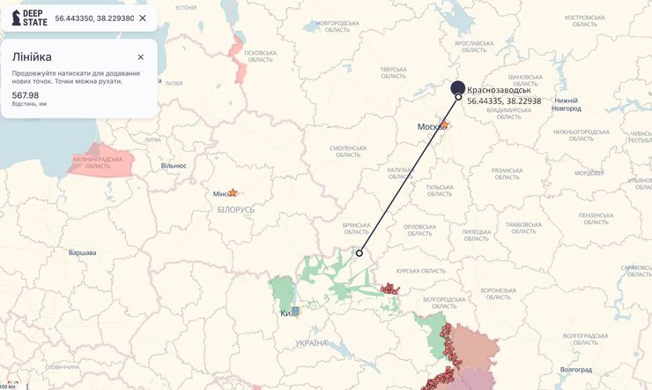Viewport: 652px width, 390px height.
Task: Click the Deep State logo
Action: tap(29, 18)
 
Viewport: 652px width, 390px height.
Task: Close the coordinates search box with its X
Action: tap(143, 18)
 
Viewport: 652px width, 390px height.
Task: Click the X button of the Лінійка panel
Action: tap(140, 57)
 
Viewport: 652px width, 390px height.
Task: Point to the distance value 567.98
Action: tap(26, 94)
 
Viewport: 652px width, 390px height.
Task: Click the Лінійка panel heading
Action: tap(32, 57)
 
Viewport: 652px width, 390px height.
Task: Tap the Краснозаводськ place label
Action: tap(499, 90)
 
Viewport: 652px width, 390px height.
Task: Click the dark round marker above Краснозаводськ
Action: tap(458, 86)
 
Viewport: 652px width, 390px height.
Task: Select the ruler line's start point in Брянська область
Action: tap(359, 253)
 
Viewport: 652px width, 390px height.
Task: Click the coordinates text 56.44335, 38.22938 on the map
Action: tap(504, 101)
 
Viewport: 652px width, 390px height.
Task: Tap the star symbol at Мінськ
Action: tap(233, 192)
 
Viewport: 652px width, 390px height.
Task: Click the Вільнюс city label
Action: tap(174, 165)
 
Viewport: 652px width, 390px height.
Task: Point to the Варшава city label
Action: tap(82, 253)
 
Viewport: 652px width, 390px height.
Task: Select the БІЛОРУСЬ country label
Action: tap(235, 210)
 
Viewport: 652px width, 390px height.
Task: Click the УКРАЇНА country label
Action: tap(311, 342)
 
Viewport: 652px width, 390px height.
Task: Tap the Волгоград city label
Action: tap(577, 369)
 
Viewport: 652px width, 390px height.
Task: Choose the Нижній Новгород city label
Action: tap(567, 104)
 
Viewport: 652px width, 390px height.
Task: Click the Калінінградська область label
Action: tap(98, 163)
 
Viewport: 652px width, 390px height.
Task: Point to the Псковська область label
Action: tap(260, 56)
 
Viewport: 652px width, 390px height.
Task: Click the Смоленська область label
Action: tap(347, 151)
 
